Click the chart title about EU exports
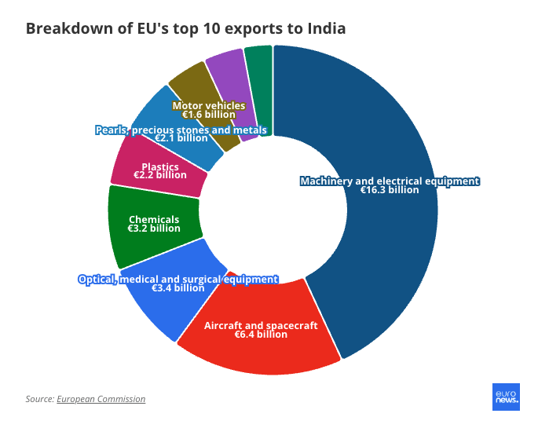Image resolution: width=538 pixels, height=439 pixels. coord(185,29)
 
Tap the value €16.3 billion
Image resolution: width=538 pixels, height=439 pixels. coord(390,190)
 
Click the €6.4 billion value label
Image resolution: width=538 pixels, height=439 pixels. coord(261,335)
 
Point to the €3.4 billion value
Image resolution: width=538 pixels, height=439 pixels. coord(178,288)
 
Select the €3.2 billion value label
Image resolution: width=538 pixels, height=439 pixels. coord(154,229)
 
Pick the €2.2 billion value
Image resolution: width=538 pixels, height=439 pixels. coord(160,175)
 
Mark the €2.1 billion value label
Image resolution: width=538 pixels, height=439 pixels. coord(181,138)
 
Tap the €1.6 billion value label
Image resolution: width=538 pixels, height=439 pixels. coord(209,115)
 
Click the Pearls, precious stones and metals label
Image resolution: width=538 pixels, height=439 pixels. coord(181,130)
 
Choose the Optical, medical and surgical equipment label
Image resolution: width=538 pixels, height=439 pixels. coord(178,279)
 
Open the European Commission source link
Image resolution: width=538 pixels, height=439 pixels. coord(101,399)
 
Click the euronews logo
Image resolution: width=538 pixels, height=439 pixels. coord(506,397)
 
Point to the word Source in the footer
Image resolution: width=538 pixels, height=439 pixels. coord(38,399)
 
